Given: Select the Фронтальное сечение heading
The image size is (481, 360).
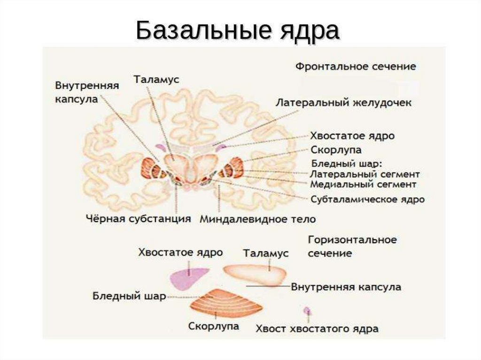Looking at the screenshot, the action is point(355,66).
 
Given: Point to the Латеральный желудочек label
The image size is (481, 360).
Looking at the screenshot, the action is point(343,103).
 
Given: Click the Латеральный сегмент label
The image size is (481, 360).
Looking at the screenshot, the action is point(365,174).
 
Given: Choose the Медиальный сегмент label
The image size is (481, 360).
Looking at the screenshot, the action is point(363,184).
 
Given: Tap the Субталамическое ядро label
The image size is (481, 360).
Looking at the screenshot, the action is point(368,199).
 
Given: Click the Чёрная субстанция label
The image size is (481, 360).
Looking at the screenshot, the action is point(139,219).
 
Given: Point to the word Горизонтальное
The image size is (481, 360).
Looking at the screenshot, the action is point(352,240).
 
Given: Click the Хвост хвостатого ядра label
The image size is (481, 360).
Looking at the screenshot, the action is point(317,329).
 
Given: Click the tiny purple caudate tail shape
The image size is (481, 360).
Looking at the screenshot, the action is point(307,311).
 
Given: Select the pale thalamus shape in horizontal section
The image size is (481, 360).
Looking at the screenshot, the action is point(256,274).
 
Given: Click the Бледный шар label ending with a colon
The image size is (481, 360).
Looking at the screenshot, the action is point(347,164).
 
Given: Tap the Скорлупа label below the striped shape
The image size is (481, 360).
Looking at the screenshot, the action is point(213,326).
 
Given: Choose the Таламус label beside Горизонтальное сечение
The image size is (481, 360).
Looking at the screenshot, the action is point(265,253).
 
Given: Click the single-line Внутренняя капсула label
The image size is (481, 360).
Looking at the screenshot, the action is point(346,286).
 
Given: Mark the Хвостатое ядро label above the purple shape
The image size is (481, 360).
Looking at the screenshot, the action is point(180,253).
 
